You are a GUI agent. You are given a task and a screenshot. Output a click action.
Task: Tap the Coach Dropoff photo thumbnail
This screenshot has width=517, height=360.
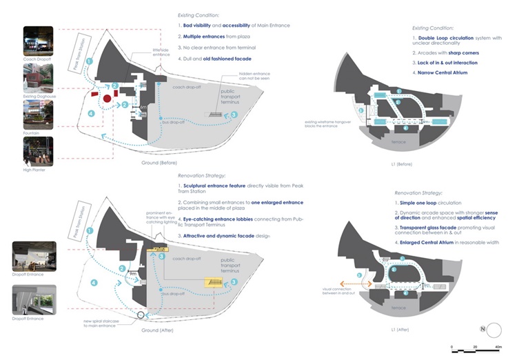pyautogui.click(x=38, y=41)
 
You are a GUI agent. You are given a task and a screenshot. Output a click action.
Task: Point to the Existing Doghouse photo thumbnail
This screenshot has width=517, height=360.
pyautogui.click(x=38, y=79)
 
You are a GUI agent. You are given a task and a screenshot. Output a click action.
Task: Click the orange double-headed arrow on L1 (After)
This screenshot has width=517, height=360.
pyautogui.click(x=361, y=283)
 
